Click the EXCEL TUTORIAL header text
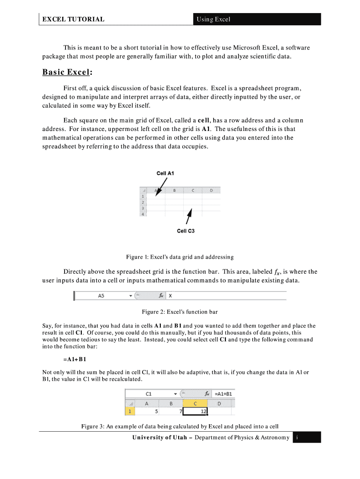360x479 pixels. coord(73,19)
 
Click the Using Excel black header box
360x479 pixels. coord(256,19)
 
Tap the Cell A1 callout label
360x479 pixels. coord(166,173)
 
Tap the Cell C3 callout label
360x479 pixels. coord(186,231)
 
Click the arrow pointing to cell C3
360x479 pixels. coord(189,216)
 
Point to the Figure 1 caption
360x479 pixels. coord(180,257)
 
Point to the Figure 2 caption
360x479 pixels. coord(180,312)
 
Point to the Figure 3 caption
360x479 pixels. coord(180,426)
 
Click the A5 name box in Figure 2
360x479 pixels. coord(101,296)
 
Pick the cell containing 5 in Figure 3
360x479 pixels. coord(147,412)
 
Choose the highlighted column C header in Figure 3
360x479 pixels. coord(194,403)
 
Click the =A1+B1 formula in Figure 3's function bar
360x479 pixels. coord(223,393)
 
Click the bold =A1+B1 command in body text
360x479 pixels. coord(74,359)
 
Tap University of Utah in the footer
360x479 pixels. coord(159,437)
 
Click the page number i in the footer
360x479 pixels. coord(297,437)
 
